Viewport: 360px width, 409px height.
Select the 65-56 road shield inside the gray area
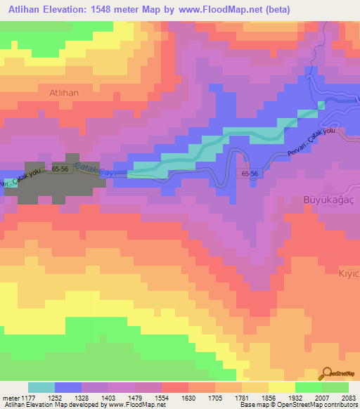(x=58, y=169)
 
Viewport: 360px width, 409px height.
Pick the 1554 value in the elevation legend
(x=162, y=398)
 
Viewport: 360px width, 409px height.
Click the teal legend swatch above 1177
(x=41, y=387)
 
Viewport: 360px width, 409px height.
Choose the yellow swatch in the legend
(x=281, y=387)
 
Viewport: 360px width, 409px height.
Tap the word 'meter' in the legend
(x=11, y=398)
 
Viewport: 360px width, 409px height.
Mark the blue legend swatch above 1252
(x=68, y=387)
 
